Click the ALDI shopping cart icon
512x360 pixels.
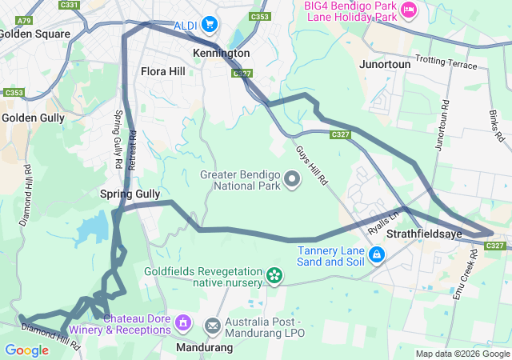[210, 24]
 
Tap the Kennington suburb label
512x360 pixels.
[222, 54]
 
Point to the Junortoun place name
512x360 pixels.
[385, 63]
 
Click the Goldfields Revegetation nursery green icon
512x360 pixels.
[274, 276]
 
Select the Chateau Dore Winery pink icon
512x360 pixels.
[183, 323]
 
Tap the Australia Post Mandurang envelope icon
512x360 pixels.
[213, 326]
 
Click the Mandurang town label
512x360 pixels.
[204, 348]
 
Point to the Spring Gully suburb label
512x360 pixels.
[130, 194]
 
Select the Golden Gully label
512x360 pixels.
[33, 118]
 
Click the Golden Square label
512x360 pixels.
[34, 34]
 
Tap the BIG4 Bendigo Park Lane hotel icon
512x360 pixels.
[409, 10]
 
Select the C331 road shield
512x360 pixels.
[70, 5]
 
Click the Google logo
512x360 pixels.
[26, 350]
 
